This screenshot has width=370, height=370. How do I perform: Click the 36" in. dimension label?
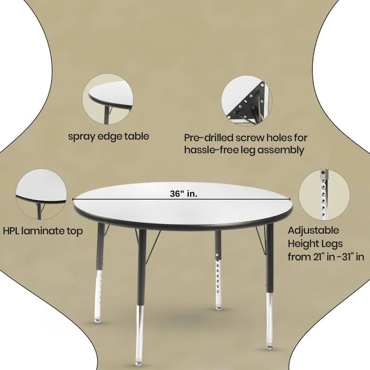click(x=183, y=194)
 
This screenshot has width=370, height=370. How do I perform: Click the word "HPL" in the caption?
click(x=11, y=231)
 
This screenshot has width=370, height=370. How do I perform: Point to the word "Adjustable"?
click(x=314, y=230)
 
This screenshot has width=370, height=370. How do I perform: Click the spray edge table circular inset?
click(x=108, y=99)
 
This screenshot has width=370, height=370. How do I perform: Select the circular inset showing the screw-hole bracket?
click(x=247, y=100)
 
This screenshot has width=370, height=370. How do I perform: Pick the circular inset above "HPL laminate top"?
click(x=41, y=194)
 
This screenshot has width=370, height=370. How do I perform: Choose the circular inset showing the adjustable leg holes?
click(x=324, y=194)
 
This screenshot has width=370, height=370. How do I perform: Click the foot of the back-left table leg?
click(x=97, y=320)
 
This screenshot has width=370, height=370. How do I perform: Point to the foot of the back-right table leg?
click(x=218, y=308)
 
